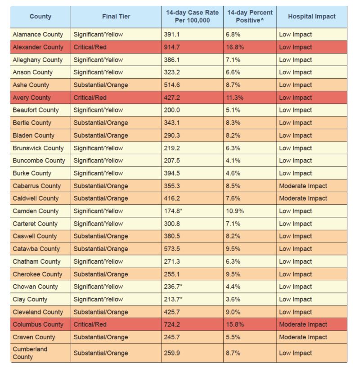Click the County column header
[x=40, y=17]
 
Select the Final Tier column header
[x=116, y=17]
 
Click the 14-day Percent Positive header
[x=250, y=17]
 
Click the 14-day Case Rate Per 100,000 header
[x=192, y=17]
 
